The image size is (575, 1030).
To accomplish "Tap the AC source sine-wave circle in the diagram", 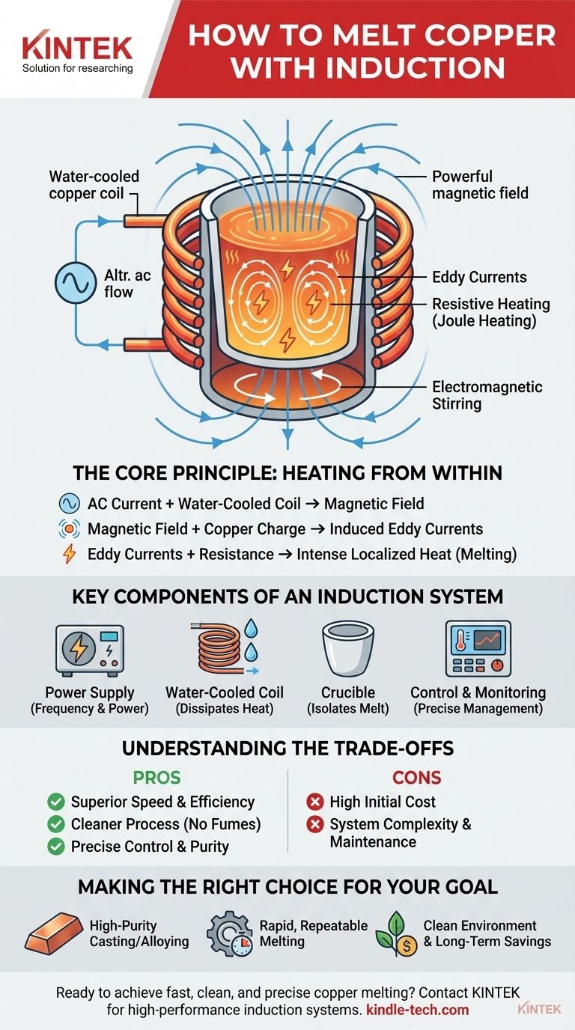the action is click(73, 281).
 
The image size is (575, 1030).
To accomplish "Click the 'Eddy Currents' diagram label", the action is click(479, 277).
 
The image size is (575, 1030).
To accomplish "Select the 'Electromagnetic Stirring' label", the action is click(487, 395).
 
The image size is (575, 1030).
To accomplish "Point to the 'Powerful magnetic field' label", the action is click(480, 185).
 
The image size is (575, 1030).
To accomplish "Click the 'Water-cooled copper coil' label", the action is click(94, 185).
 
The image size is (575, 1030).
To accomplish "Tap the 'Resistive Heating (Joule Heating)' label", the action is click(491, 312).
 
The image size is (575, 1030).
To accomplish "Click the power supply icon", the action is click(90, 650).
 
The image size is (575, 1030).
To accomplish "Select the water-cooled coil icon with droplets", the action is click(225, 647).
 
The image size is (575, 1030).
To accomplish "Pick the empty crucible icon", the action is click(347, 648).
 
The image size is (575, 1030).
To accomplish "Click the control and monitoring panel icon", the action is click(478, 648).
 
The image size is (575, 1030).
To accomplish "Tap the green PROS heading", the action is click(157, 778).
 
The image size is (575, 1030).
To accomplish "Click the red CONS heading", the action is click(417, 778).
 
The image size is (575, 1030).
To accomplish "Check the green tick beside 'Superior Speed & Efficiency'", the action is click(56, 802).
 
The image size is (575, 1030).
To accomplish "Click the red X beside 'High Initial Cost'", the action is click(315, 802).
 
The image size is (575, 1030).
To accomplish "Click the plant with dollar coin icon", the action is click(396, 934).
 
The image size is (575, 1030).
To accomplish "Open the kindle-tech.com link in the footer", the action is click(418, 1010).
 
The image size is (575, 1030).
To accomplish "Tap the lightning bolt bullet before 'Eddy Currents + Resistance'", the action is click(69, 554).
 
